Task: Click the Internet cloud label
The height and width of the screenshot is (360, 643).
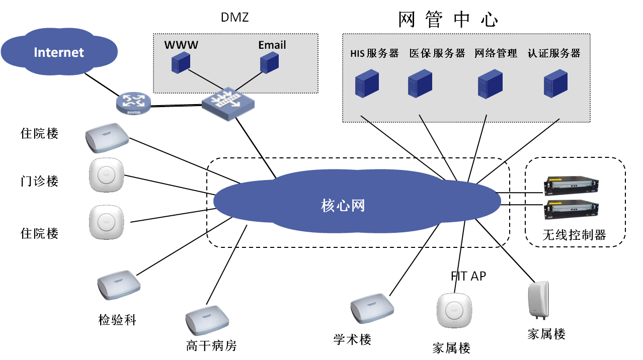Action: click(x=59, y=52)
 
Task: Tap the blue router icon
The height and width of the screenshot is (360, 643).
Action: click(x=133, y=103)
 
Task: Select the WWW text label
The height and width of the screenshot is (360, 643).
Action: click(x=181, y=45)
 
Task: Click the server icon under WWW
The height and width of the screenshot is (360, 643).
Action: click(x=181, y=64)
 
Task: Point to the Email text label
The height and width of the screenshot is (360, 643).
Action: click(x=272, y=45)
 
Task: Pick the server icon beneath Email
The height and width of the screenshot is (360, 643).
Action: click(x=269, y=64)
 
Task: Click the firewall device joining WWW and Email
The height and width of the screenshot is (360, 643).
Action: click(x=228, y=105)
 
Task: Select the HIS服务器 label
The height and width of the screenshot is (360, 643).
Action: click(x=374, y=53)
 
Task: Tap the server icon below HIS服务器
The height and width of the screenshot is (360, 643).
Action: click(x=367, y=83)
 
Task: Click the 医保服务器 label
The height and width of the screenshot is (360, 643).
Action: click(x=437, y=53)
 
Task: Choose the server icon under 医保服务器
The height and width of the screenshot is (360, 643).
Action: click(x=420, y=83)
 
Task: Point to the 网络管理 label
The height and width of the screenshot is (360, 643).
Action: click(x=496, y=53)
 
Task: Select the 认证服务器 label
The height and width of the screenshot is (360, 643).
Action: click(x=553, y=53)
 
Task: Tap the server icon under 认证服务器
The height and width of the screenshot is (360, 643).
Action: click(x=555, y=83)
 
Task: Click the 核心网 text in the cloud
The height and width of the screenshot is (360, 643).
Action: click(x=343, y=205)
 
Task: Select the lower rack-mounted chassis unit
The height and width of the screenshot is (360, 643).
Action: click(x=571, y=210)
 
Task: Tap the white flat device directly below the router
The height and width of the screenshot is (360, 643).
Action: click(x=107, y=137)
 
